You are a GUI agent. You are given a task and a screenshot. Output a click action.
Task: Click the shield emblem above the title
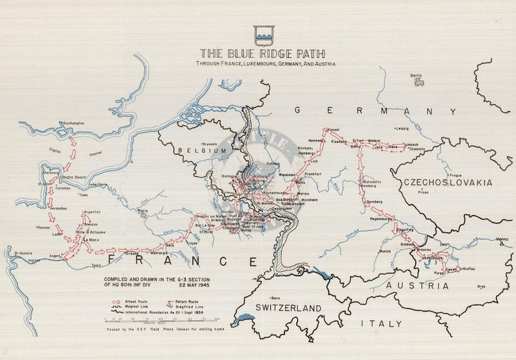coord(264,34)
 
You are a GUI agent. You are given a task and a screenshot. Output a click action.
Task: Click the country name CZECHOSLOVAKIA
coord(448,183)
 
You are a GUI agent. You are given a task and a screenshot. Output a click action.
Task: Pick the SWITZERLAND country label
coord(287,308)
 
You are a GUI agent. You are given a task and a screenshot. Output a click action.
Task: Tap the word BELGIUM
coord(198,151)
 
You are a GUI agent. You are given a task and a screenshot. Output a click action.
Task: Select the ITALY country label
coord(381,323)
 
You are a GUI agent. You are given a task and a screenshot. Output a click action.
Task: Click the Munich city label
coord(385,250)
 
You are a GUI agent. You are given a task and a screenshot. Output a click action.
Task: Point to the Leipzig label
coord(402,128)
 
